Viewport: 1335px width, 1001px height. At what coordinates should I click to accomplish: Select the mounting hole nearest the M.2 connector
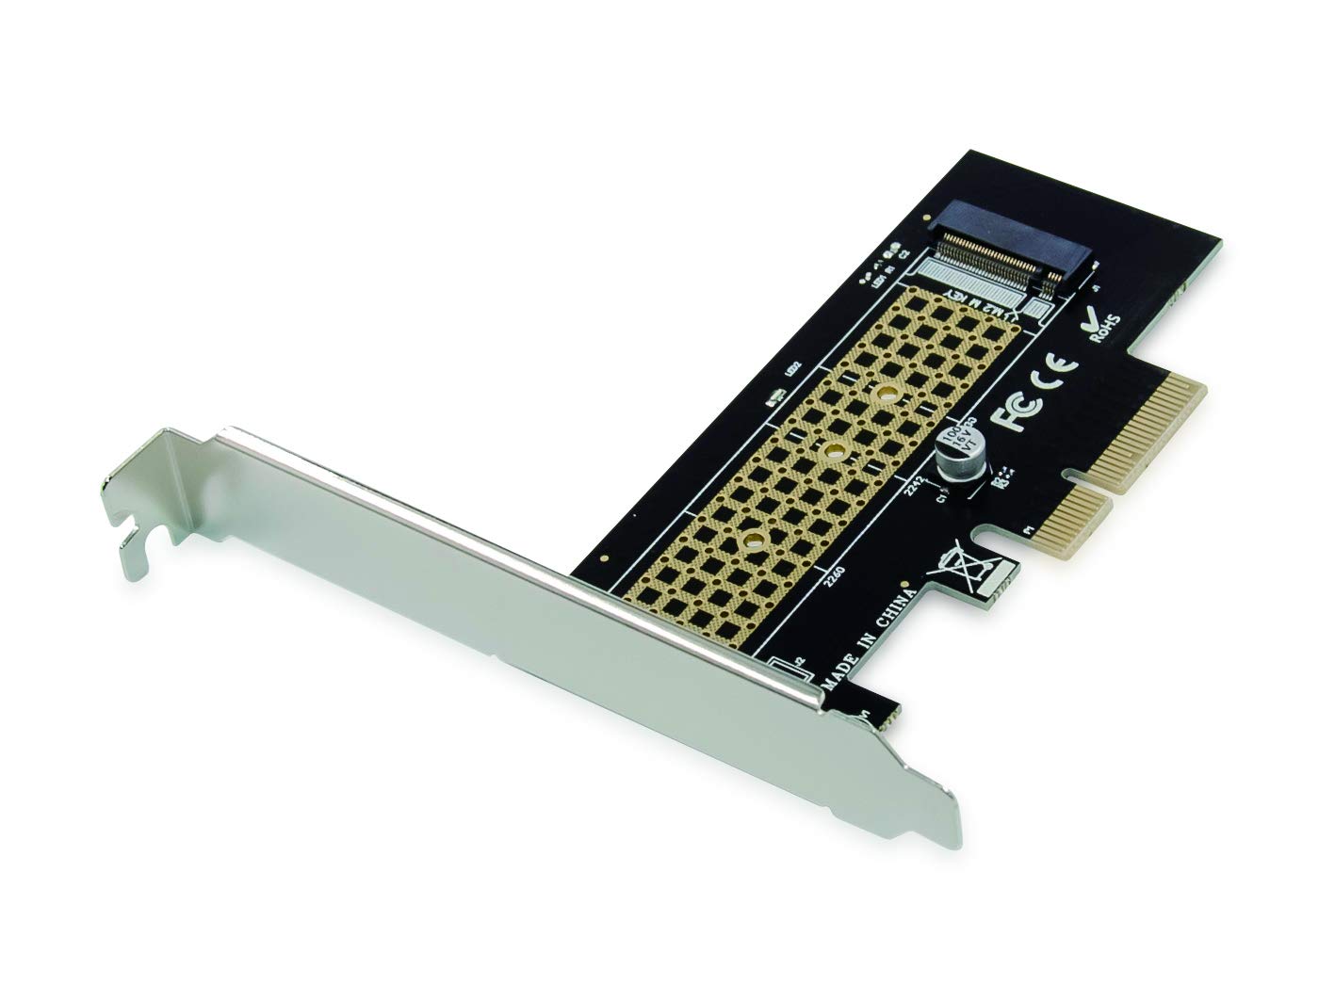886,393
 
